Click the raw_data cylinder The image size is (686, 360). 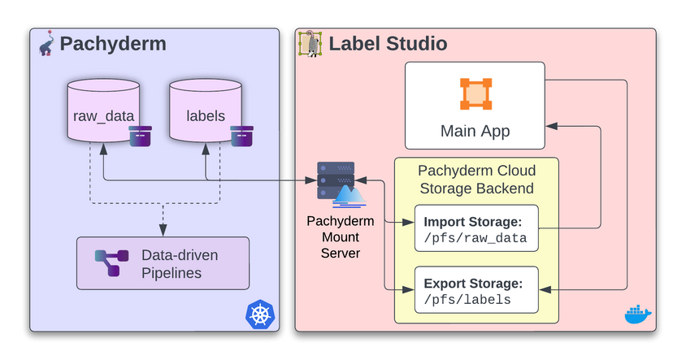[103, 111]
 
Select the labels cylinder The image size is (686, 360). [206, 111]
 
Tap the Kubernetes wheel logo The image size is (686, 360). [260, 314]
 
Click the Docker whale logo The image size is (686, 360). [638, 314]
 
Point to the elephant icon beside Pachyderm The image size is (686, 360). [46, 43]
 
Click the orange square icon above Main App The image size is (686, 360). [475, 94]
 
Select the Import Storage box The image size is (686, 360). [476, 228]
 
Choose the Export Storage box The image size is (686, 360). [476, 290]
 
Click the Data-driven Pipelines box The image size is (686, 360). [163, 263]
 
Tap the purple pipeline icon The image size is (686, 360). [111, 263]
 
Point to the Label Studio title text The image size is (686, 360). [388, 44]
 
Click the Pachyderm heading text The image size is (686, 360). [113, 44]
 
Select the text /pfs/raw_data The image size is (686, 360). [475, 238]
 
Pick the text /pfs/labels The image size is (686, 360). [467, 300]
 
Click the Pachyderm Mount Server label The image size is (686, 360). [341, 237]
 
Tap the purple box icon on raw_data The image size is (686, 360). [141, 136]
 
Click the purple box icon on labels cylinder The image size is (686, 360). [242, 136]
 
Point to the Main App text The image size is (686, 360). [475, 131]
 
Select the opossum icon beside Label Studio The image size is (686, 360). [310, 44]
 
